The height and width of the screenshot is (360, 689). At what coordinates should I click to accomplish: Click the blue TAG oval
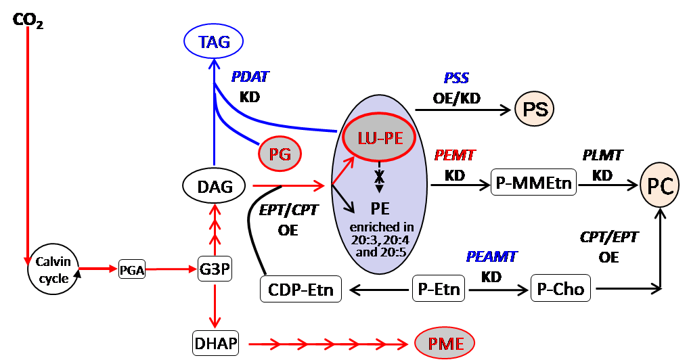tap(214, 43)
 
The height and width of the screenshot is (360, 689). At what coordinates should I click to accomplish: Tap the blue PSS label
tap(456, 79)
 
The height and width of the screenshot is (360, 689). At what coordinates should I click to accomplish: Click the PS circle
tap(535, 109)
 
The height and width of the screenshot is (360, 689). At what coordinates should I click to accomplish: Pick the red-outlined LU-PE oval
tap(380, 138)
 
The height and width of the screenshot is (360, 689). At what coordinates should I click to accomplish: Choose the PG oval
tap(280, 154)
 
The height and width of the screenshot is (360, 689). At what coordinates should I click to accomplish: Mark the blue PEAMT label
tap(491, 257)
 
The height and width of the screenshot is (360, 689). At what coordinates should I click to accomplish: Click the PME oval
tap(445, 343)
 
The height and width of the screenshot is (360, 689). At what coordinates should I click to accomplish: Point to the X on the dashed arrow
tap(380, 175)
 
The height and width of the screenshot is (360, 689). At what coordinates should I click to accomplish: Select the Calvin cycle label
tap(53, 269)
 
